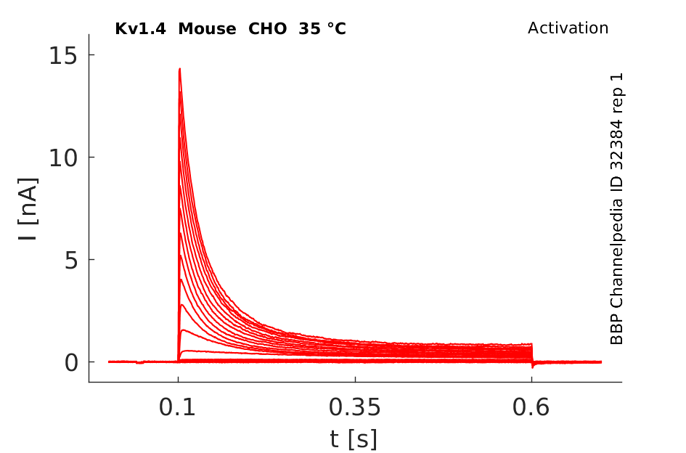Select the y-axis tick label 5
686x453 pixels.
(x=72, y=260)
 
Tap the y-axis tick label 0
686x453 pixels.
(x=72, y=362)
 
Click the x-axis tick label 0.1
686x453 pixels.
(x=177, y=407)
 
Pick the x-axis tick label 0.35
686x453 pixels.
(x=355, y=407)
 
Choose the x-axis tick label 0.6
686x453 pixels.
(x=531, y=407)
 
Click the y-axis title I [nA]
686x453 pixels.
(x=28, y=209)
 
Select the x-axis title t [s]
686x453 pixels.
(x=354, y=439)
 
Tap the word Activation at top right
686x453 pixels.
(x=568, y=28)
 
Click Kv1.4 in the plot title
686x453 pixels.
(x=140, y=29)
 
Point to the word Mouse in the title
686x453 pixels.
(x=208, y=29)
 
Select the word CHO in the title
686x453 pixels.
(x=268, y=29)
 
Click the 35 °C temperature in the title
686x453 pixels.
(x=322, y=29)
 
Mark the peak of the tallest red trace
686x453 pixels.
(x=179, y=69)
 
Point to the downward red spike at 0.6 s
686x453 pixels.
(x=532, y=365)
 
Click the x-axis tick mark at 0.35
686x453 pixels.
(x=355, y=380)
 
